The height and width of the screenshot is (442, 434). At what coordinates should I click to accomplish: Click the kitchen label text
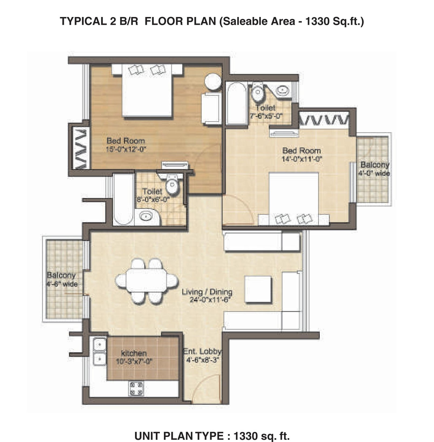(x=134, y=353)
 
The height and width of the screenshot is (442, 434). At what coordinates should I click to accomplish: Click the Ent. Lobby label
(x=202, y=352)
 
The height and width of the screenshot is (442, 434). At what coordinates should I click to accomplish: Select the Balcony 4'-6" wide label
(x=62, y=280)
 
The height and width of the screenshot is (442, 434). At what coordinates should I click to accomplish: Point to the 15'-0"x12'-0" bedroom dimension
(x=126, y=149)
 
